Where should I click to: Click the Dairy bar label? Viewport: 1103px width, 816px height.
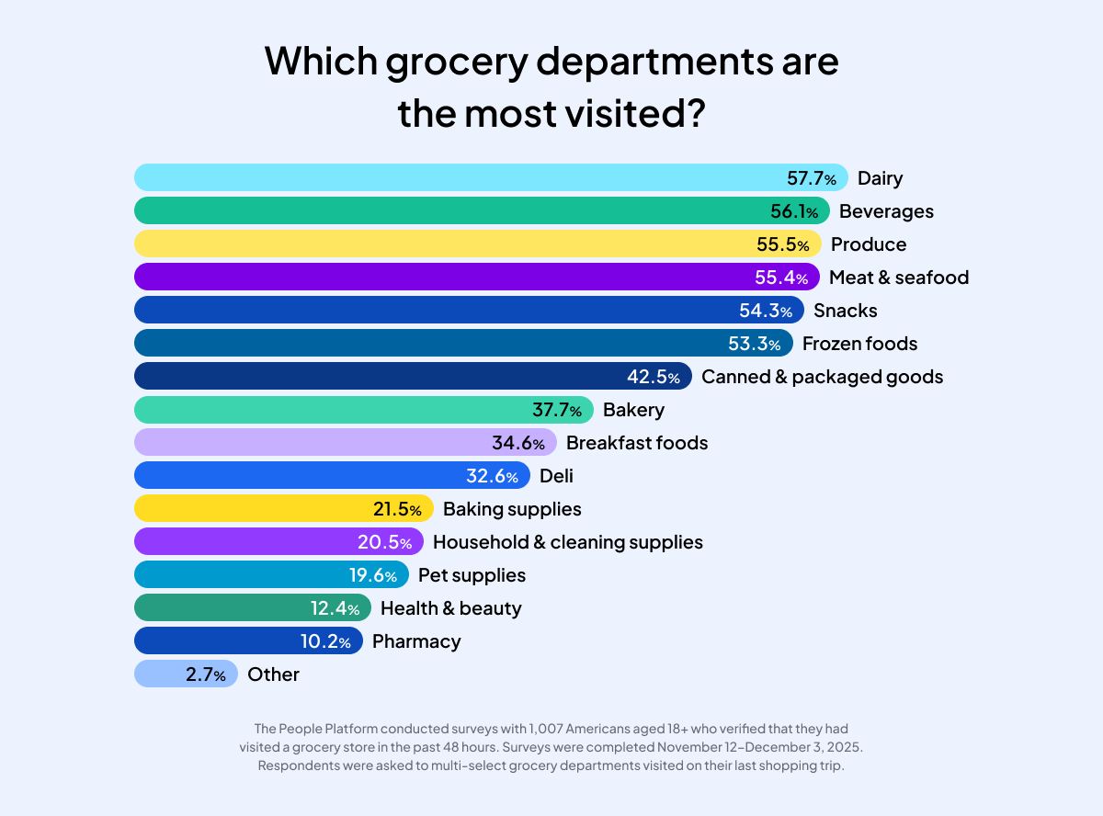pyautogui.click(x=880, y=178)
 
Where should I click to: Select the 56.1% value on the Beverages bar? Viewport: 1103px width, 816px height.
pyautogui.click(x=793, y=211)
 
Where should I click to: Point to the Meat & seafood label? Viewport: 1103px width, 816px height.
pyautogui.click(x=898, y=278)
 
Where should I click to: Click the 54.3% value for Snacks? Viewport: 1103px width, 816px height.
pyautogui.click(x=765, y=311)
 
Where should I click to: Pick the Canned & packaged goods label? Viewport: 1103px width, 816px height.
pyautogui.click(x=822, y=377)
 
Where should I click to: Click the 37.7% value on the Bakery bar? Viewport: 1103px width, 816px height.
pyautogui.click(x=556, y=410)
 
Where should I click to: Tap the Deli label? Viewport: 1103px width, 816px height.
pyautogui.click(x=556, y=476)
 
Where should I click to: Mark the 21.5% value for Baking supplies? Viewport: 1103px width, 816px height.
pyautogui.click(x=397, y=509)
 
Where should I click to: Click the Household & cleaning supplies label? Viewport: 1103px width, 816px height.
pyautogui.click(x=567, y=542)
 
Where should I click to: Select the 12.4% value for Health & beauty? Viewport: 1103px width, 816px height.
pyautogui.click(x=335, y=608)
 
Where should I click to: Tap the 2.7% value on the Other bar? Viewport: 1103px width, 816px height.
pyautogui.click(x=205, y=674)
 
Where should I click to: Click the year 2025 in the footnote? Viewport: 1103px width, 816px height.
pyautogui.click(x=845, y=747)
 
